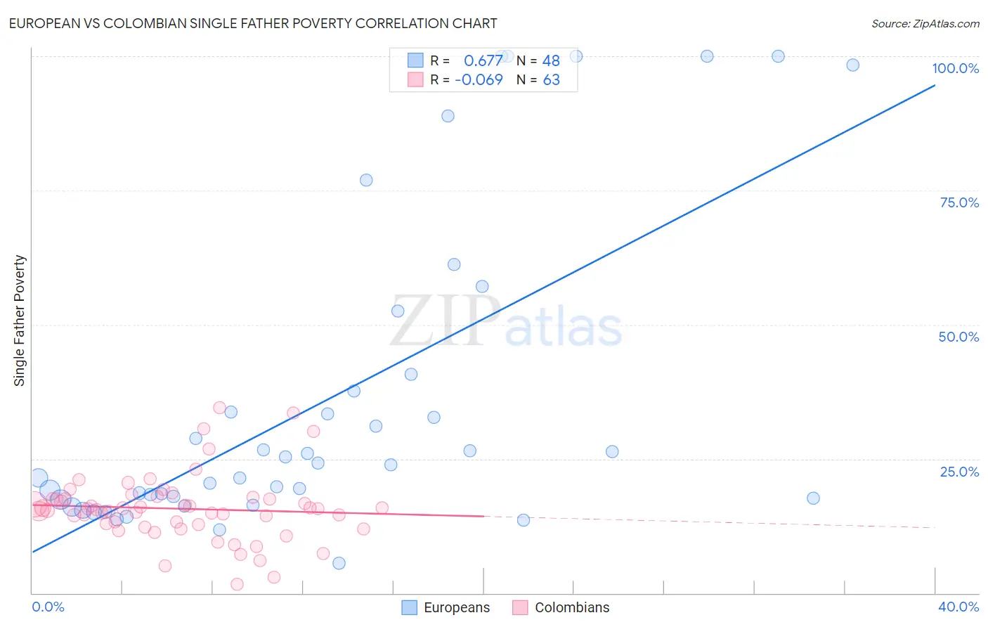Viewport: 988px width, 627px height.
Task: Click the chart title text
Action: [253, 23]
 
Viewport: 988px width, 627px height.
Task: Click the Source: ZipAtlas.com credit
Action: [925, 23]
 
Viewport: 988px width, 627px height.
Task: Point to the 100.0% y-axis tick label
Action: [955, 68]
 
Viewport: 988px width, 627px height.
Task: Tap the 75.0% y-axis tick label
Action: [959, 202]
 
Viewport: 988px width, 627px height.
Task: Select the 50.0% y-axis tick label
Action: [958, 337]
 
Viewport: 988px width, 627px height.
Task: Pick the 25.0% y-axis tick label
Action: [959, 472]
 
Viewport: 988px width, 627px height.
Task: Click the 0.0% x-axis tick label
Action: [48, 607]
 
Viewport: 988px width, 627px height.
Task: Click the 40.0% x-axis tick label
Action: [958, 607]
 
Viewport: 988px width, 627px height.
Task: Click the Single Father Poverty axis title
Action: [20, 320]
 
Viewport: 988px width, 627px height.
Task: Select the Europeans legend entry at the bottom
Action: [446, 607]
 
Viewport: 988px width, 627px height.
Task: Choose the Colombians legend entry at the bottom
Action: [561, 607]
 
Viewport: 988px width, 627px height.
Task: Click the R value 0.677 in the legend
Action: [483, 61]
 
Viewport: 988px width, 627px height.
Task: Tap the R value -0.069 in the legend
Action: [479, 80]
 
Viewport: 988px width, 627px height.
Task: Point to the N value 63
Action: [551, 80]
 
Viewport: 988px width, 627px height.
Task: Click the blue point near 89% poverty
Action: [448, 116]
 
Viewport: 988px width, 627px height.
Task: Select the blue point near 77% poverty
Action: [366, 180]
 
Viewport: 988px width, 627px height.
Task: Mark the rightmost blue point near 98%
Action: [852, 65]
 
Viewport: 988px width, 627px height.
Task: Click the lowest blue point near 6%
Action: [339, 563]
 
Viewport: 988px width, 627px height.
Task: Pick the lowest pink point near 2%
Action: [237, 584]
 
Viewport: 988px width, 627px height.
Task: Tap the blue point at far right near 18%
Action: [813, 498]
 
